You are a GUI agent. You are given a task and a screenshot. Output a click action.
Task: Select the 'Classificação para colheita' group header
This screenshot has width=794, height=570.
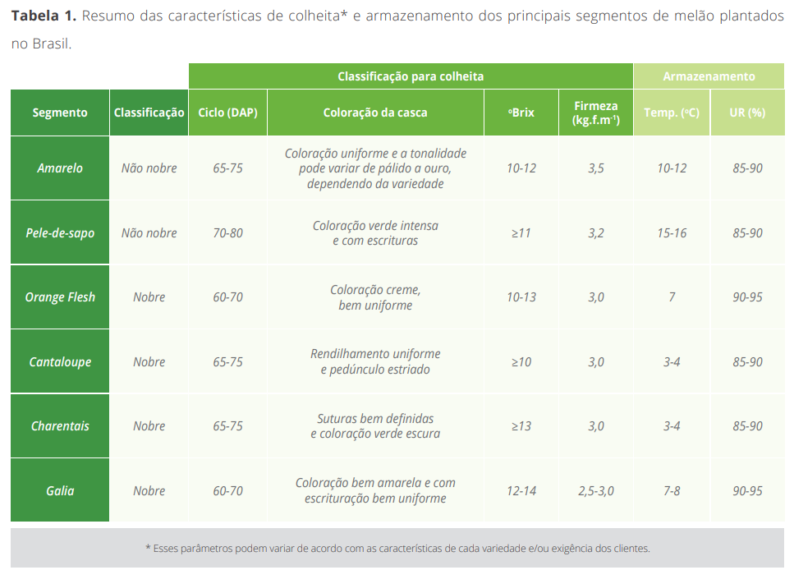(411, 76)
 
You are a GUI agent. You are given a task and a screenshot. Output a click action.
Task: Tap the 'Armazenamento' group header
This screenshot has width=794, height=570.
(709, 76)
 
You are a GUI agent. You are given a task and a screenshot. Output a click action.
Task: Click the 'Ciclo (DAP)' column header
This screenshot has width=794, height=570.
(227, 113)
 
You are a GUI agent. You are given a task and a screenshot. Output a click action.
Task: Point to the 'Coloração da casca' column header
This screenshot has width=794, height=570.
(375, 113)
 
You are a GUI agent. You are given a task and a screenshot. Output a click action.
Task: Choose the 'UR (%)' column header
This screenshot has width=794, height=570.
(747, 113)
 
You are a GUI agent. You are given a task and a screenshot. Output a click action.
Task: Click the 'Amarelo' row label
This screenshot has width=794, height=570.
(60, 168)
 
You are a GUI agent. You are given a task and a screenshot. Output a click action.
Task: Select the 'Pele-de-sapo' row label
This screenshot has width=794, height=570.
(60, 233)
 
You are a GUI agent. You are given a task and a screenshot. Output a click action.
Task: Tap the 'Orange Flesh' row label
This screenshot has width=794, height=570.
(60, 297)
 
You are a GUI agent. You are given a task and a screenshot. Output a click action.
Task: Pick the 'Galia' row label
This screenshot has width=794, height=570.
(60, 491)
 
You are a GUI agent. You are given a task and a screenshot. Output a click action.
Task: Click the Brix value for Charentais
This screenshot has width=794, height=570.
(521, 426)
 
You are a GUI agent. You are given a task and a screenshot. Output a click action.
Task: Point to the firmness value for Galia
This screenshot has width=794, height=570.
(596, 491)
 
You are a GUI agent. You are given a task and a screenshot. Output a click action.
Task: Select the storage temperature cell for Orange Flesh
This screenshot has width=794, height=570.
(672, 297)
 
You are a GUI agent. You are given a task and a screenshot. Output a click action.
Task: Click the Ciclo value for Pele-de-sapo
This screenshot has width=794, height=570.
(227, 233)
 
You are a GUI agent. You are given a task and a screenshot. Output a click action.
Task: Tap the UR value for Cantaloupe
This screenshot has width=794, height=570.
(747, 362)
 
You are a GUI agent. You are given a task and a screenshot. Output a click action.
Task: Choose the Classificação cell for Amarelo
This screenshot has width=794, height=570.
(149, 168)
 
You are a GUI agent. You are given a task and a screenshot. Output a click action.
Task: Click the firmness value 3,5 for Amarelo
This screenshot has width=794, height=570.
(596, 168)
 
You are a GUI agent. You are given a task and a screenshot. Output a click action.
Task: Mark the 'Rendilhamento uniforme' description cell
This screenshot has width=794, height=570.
(375, 362)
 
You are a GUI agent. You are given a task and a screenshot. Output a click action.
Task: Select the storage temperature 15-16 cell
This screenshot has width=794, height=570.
(672, 233)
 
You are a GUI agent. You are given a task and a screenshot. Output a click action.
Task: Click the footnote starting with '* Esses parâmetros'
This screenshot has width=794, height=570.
(397, 549)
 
